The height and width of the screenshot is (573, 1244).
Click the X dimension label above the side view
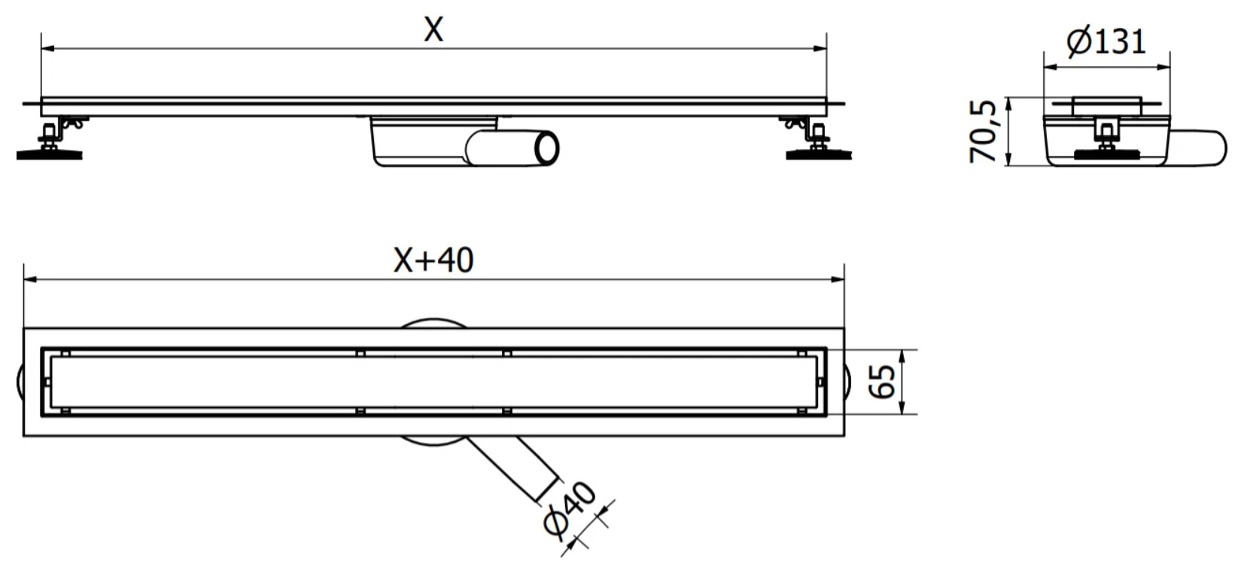(433, 29)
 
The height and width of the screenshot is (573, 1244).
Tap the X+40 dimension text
(433, 260)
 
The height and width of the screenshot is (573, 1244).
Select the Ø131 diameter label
(1106, 41)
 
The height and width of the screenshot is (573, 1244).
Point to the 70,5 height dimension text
(982, 132)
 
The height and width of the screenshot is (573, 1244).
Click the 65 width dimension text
(881, 382)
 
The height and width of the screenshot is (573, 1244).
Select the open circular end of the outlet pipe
(546, 148)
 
